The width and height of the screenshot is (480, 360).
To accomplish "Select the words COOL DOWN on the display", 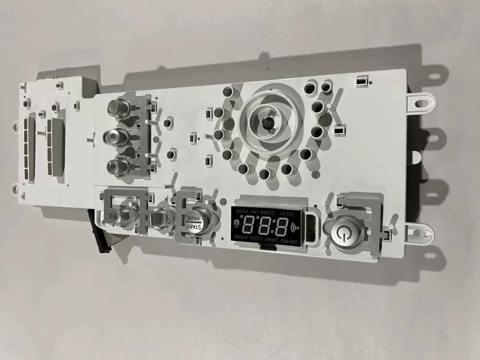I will point(248,238).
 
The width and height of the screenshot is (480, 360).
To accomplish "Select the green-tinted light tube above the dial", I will point(311,89).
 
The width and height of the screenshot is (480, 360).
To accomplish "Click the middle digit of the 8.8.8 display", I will point(265,224).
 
